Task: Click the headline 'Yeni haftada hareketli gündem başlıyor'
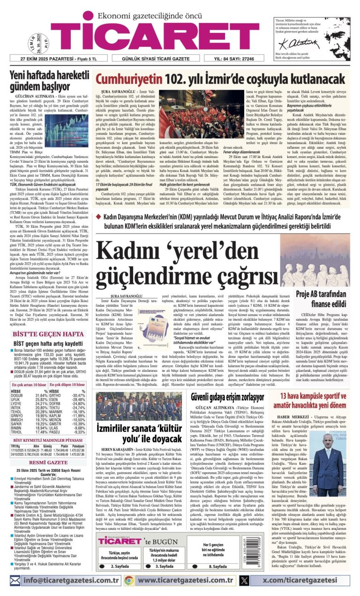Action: click(49, 80)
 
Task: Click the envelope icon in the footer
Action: click(15, 581)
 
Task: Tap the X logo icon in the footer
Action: click(244, 581)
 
